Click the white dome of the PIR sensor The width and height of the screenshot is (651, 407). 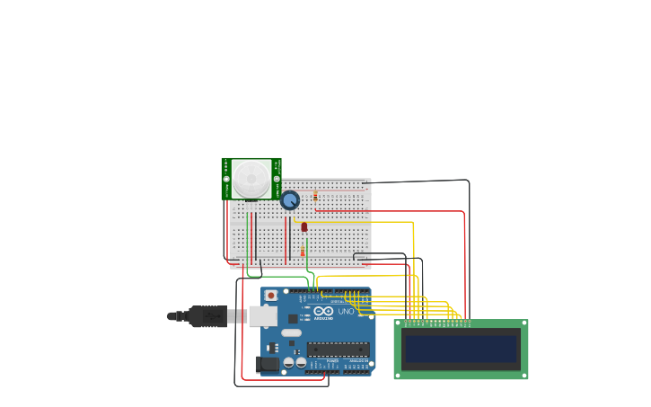tap(251, 178)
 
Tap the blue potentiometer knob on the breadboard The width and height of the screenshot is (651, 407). tap(290, 199)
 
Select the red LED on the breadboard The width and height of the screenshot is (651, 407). tap(304, 226)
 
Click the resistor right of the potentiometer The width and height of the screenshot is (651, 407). tap(315, 195)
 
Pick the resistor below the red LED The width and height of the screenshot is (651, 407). tap(303, 252)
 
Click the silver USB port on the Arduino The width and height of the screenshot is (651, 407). tap(262, 315)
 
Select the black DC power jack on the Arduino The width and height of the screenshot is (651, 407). tap(267, 364)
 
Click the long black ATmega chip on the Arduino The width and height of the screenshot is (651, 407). tap(338, 349)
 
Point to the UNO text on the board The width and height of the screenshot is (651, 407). tap(346, 312)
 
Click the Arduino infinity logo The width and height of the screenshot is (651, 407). tap(322, 311)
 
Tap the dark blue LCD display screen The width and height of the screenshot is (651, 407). tap(461, 349)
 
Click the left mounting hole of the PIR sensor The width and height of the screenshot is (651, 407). tap(226, 179)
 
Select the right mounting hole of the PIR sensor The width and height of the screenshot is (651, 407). tap(277, 179)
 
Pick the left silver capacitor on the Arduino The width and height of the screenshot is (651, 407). tap(288, 363)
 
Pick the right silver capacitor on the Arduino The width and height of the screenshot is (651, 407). tap(301, 363)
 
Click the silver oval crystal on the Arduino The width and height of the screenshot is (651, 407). tap(292, 332)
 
